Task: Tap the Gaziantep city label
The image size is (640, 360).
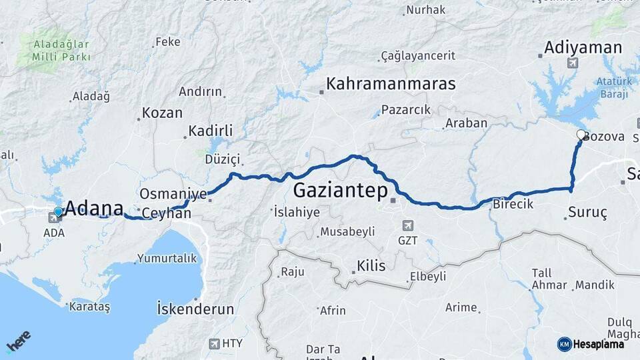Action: [341, 191]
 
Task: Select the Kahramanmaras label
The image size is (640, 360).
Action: [391, 85]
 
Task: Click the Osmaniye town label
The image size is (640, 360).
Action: [173, 194]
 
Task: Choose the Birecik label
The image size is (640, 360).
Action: [513, 205]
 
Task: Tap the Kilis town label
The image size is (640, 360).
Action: [371, 266]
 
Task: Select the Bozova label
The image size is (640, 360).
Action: [603, 137]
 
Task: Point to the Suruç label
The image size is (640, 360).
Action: [587, 214]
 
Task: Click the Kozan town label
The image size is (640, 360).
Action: [163, 113]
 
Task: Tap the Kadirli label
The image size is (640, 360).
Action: [210, 131]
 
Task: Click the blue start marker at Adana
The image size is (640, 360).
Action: [58, 211]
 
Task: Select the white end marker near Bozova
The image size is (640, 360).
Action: [581, 134]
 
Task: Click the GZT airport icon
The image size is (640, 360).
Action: [407, 225]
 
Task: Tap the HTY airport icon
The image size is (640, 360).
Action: [214, 343]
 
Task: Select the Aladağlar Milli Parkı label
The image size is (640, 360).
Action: [61, 51]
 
